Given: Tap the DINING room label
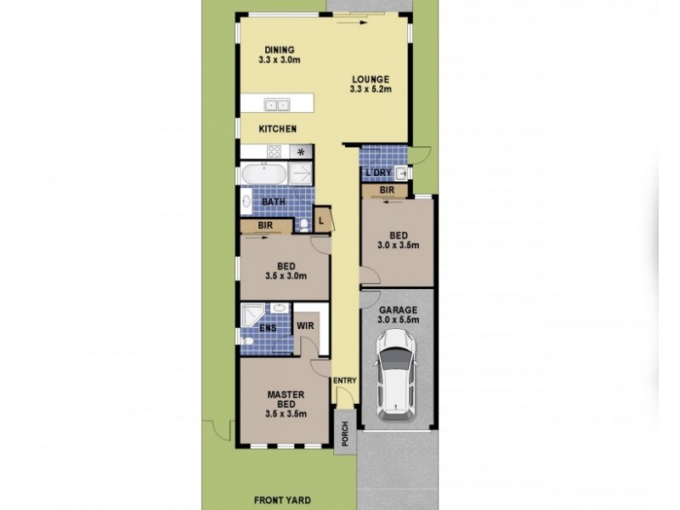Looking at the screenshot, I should tap(280, 48).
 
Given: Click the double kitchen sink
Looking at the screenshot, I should tap(276, 105).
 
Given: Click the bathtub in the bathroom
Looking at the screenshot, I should tap(263, 175).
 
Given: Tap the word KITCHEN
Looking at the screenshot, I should tap(278, 129).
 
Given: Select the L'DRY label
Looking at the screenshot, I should tap(377, 173).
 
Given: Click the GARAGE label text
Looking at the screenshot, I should tap(396, 310).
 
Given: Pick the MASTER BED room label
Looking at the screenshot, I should tap(286, 399).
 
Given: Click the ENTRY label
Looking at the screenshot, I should tap(345, 380).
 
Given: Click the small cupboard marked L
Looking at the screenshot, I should tap(321, 219).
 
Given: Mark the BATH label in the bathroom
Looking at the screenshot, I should tap(273, 201).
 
